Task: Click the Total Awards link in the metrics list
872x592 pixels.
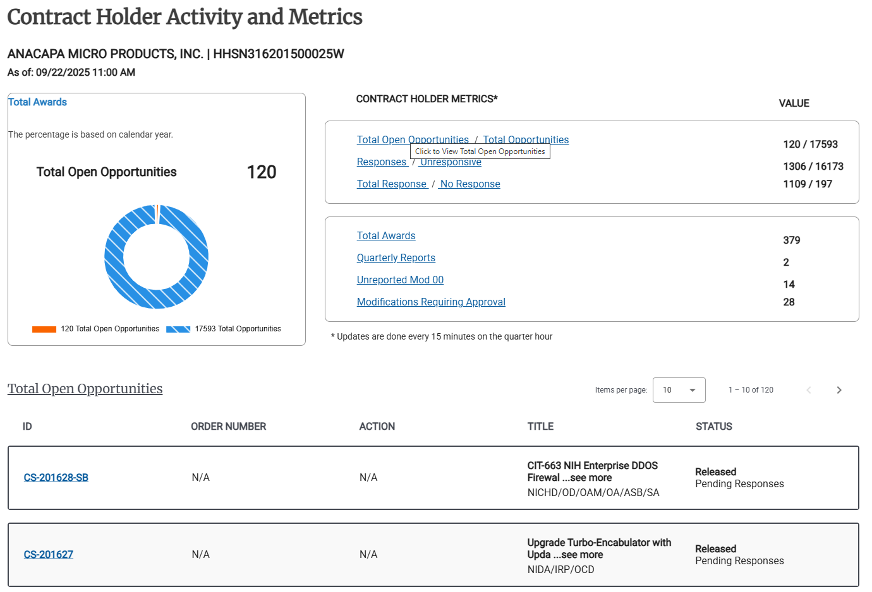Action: tap(386, 235)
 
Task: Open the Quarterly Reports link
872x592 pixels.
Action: tap(396, 258)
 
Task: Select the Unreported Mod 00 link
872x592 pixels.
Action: tap(400, 280)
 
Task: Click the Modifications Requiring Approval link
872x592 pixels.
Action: tap(431, 302)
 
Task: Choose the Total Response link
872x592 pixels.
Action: tap(392, 184)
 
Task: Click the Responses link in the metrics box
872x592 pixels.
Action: tap(382, 162)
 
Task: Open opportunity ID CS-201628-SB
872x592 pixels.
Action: tap(56, 478)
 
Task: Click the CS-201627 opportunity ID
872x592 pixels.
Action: tap(49, 555)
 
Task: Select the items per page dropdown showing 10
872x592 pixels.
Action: tap(679, 390)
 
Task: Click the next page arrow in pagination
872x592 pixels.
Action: tap(839, 390)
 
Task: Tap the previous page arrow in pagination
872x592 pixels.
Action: tap(809, 390)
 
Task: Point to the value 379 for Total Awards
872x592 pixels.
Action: tap(791, 240)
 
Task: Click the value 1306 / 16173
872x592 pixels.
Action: tap(813, 166)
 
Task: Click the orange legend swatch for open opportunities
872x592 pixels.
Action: tap(44, 329)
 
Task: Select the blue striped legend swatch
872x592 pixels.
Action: tap(178, 329)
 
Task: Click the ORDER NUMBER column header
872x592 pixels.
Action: tap(228, 427)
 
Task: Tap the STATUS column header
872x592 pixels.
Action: tap(713, 427)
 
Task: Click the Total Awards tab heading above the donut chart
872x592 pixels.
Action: tap(38, 102)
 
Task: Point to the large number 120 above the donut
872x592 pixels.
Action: tap(261, 172)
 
